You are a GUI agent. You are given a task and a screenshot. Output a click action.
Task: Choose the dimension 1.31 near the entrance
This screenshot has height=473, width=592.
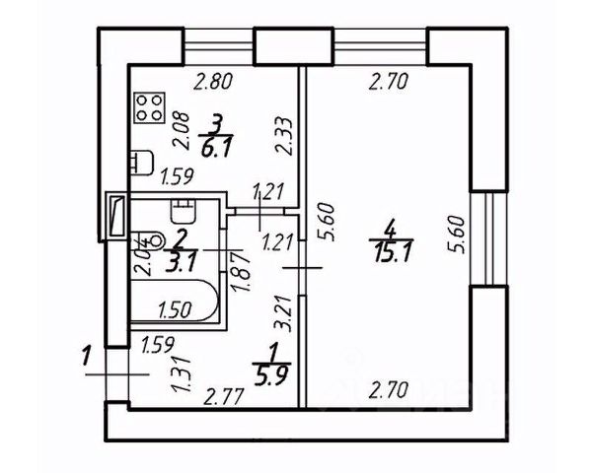pyautogui.click(x=180, y=374)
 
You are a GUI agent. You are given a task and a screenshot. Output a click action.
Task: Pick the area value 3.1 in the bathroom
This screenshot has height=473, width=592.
pyautogui.click(x=179, y=261)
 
